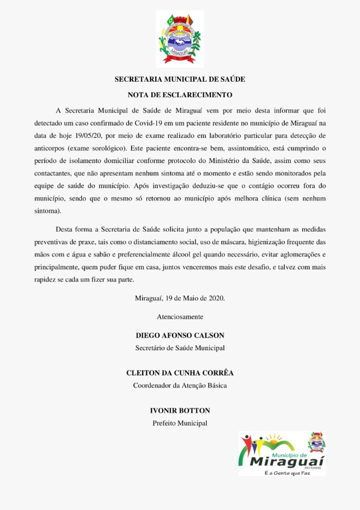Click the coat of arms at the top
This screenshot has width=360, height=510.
(180, 38)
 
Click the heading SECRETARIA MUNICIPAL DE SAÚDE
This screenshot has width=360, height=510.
(180, 79)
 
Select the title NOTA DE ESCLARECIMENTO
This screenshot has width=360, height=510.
(180, 94)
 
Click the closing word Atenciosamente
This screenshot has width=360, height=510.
(180, 316)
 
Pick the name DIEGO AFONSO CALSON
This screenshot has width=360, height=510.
(180, 335)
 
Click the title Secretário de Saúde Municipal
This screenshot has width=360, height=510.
(180, 348)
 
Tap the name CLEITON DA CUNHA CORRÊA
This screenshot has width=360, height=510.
(180, 373)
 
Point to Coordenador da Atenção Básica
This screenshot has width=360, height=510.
(180, 385)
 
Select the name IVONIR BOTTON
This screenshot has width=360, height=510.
(180, 411)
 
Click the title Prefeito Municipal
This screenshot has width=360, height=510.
(180, 423)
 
